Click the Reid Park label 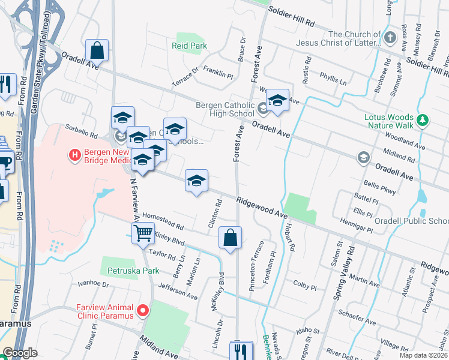(x=189, y=46)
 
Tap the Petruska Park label (x=133, y=271)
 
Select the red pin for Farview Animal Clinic (x=143, y=310)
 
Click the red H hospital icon (x=75, y=155)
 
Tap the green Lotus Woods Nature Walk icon (x=423, y=120)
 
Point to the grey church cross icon (x=390, y=38)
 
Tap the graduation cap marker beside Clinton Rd (x=196, y=181)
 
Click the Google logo (x=20, y=353)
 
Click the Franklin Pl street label (x=218, y=74)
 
